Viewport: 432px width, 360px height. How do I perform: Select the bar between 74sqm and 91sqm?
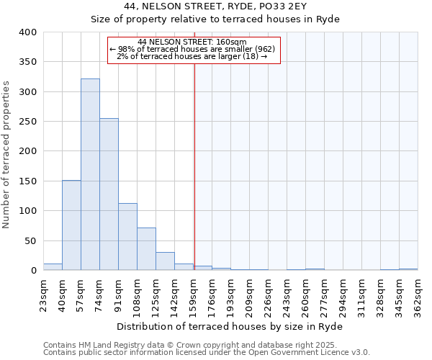coord(109,194)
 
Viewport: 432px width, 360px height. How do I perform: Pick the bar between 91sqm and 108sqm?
coord(127,237)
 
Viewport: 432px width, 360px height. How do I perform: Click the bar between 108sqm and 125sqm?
coord(146,249)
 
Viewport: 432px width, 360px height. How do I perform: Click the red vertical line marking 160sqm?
coord(194,166)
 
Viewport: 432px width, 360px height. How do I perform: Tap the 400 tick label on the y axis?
coord(27,32)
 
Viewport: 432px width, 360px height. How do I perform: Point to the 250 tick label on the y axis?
coord(27,122)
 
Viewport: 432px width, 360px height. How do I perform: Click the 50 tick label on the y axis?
coord(30,240)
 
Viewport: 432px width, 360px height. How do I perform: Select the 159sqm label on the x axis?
coord(193,296)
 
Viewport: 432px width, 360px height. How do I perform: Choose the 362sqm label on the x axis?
coord(418,296)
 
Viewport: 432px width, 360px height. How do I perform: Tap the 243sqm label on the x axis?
coord(287,296)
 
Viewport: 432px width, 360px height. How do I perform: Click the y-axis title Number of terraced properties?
coord(6,155)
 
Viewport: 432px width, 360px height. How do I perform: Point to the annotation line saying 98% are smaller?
coord(193,49)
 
